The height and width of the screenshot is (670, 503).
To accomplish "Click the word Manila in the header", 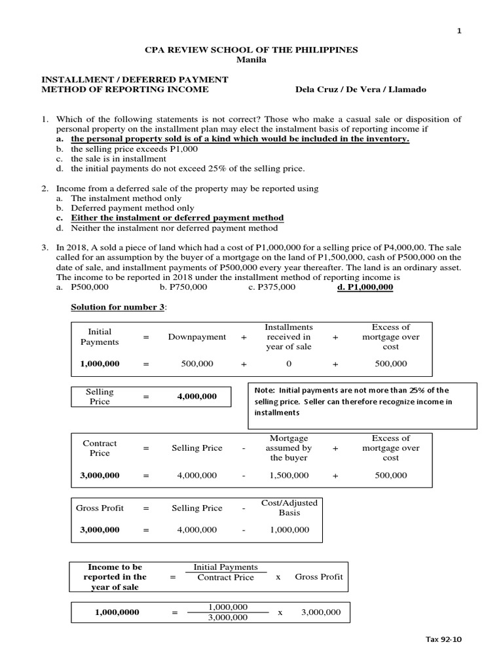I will pyautogui.click(x=251, y=60).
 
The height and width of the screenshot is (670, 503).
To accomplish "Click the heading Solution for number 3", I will pyautogui.click(x=119, y=308).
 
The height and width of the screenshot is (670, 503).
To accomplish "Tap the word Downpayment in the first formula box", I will pyautogui.click(x=197, y=337).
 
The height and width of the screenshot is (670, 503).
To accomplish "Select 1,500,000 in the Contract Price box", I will pyautogui.click(x=289, y=476).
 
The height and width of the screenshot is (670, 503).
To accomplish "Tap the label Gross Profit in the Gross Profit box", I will pyautogui.click(x=100, y=508).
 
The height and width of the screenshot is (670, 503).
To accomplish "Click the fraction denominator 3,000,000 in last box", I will pyautogui.click(x=228, y=618).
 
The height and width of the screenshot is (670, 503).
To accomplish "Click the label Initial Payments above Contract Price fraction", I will pyautogui.click(x=226, y=567).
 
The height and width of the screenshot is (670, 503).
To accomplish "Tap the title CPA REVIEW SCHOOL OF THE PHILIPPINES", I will pyautogui.click(x=251, y=50).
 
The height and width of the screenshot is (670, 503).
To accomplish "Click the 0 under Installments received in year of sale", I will pyautogui.click(x=289, y=364).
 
